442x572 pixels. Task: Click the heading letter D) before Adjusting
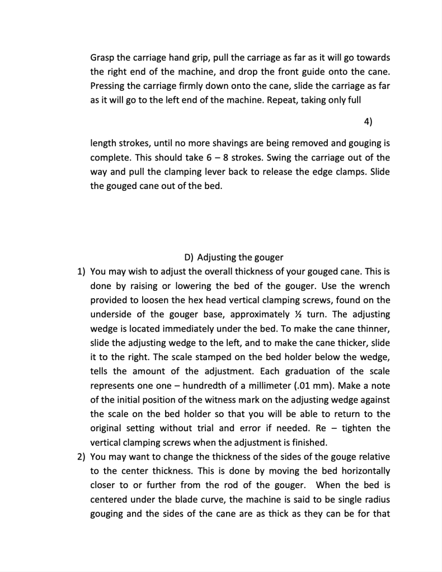coord(189,258)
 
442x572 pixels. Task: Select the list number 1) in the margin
coord(82,272)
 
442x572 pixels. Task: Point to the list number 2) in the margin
coord(82,457)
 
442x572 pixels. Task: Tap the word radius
coord(377,499)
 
